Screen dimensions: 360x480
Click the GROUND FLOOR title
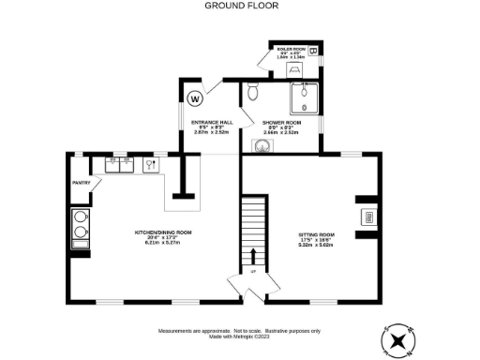click(x=239, y=5)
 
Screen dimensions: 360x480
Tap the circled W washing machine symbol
click(x=196, y=97)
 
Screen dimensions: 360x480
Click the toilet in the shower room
click(x=250, y=93)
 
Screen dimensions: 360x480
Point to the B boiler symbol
click(x=312, y=51)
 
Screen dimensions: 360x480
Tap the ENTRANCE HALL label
click(x=211, y=123)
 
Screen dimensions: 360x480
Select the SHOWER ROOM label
click(x=280, y=123)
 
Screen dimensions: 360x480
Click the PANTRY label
click(x=81, y=183)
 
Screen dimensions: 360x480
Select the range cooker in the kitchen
click(x=81, y=230)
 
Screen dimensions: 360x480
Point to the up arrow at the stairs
click(x=252, y=257)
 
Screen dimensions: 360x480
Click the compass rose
click(x=398, y=339)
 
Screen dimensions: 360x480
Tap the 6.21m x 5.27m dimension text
click(x=163, y=242)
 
